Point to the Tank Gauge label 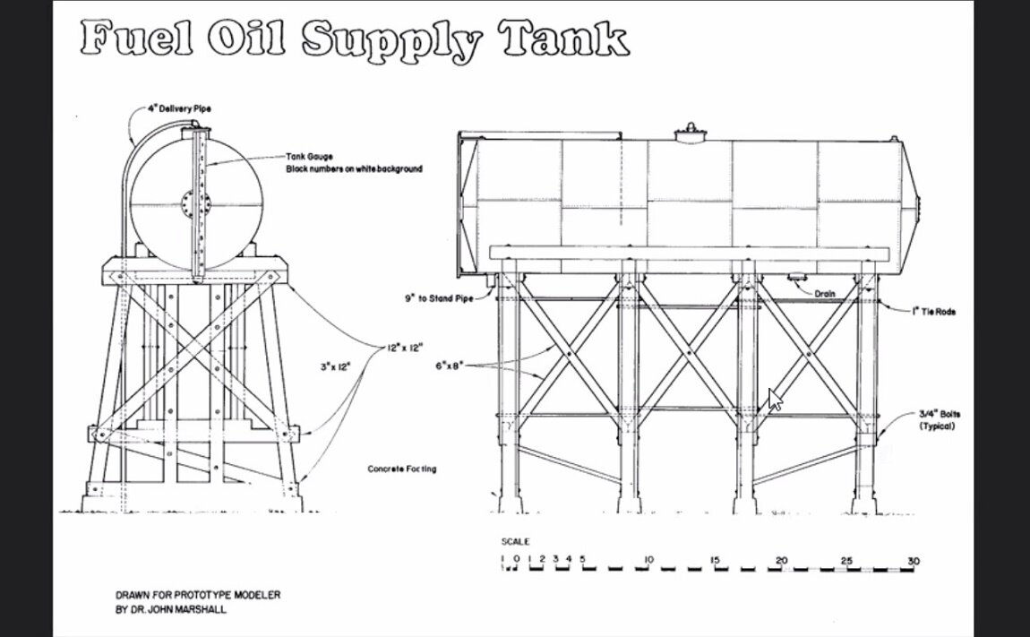point(309,156)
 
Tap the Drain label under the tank point(825,293)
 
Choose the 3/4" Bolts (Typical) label point(937,420)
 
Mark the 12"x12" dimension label point(405,347)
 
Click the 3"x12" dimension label point(335,366)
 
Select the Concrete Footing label point(402,469)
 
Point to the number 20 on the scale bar point(782,561)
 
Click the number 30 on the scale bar point(913,561)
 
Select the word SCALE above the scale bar point(515,542)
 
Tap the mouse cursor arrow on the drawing point(774,399)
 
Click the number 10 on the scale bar point(648,561)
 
